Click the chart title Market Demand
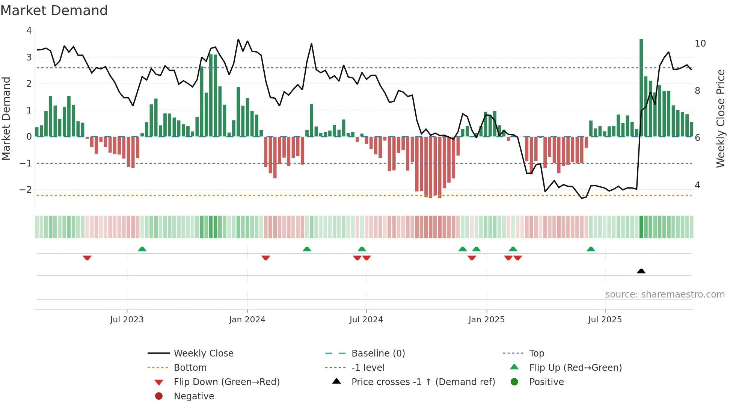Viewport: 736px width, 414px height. point(54,11)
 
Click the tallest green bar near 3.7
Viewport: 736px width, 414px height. point(641,88)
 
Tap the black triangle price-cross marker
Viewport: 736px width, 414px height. point(641,271)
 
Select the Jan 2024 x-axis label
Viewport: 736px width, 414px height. point(247,320)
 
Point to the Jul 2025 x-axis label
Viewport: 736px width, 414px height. point(605,320)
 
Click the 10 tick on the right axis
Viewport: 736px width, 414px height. point(700,44)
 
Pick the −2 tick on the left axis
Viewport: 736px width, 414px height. point(26,190)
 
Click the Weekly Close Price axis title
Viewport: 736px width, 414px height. point(720,118)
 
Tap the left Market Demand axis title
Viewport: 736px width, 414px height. point(6,118)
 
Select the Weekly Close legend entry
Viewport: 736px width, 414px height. point(203,354)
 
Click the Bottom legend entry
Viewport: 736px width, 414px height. point(190,368)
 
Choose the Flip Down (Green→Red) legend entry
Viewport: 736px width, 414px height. point(226,382)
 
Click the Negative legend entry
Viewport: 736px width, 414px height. point(194,396)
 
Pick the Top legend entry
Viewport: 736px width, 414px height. point(536,354)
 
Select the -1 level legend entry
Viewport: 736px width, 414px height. point(368,368)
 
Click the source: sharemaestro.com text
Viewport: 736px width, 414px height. point(665,295)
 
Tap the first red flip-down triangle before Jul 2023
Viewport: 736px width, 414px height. point(87,258)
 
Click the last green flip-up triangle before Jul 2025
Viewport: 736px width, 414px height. point(591,249)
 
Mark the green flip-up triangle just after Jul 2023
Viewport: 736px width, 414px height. point(142,249)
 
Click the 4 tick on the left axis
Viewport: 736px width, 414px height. point(29,31)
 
